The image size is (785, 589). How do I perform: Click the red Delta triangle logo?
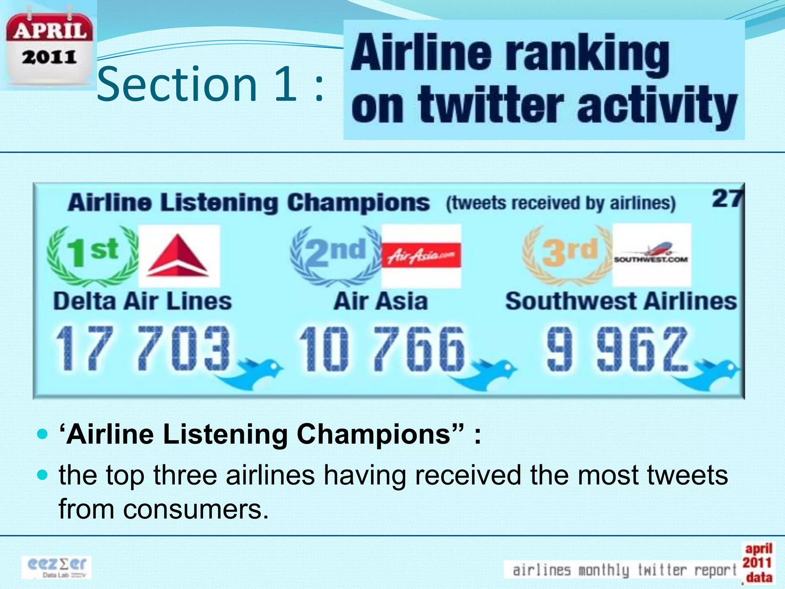pos(179,256)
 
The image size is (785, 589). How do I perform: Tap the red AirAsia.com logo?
pos(421,255)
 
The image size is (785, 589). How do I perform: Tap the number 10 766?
pos(382,349)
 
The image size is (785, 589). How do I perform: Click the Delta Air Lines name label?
pos(143,301)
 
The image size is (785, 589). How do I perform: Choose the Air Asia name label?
pos(381,301)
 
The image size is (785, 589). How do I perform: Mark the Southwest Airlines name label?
pos(621,301)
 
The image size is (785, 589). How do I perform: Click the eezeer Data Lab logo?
pos(57,567)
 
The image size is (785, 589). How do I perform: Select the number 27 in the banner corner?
pos(727,199)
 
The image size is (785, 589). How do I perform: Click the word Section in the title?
pos(177,85)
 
